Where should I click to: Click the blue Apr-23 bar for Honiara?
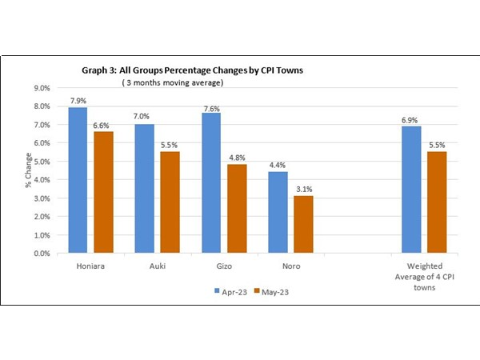77,180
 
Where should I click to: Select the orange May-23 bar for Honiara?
104,192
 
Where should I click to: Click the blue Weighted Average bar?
410,190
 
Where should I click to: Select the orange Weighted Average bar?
438,202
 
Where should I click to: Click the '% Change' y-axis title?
19,170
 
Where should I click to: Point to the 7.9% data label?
77,102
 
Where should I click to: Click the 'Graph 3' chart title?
191,70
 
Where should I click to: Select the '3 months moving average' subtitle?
171,82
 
